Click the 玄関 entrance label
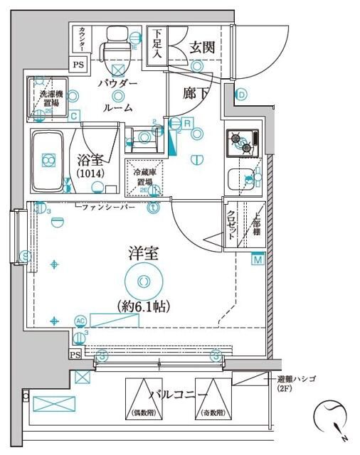[x=202, y=48]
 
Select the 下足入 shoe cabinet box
[x=157, y=45]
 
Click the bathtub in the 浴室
[x=49, y=161]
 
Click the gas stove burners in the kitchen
[x=240, y=142]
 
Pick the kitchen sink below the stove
[x=238, y=179]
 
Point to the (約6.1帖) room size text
[x=143, y=307]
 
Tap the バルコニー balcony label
[x=178, y=395]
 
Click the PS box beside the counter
[x=78, y=63]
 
